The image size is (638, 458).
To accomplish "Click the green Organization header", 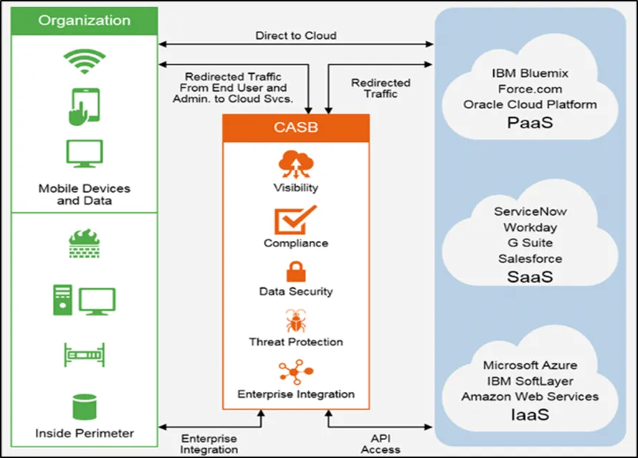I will coord(85,20).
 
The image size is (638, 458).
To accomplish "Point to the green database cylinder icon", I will coord(84,406).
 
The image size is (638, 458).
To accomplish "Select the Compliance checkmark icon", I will coord(295,220).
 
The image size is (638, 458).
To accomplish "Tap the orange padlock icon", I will coord(295,271).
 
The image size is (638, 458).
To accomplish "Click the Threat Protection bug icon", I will coord(295,320).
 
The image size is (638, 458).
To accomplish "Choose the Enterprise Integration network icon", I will coord(295,372).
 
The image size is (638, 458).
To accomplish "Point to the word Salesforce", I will coord(530,259).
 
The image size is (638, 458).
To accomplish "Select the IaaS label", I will coord(530,414).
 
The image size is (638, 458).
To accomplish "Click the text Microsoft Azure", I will coord(530,366).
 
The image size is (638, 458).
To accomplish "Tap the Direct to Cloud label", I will coord(295,35).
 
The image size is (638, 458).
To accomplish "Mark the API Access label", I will coord(381,444).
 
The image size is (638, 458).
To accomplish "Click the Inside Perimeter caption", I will coord(85,433).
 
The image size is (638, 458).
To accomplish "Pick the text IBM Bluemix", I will coord(530,73).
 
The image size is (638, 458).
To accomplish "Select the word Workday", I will coord(530,227).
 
